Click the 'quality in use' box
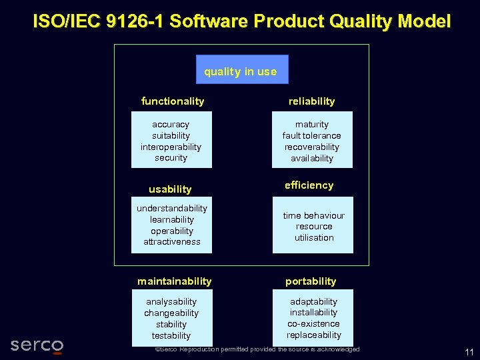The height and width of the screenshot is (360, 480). coord(241,70)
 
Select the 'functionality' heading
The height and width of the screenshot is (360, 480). coord(173,101)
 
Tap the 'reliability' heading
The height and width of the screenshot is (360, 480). coord(311,101)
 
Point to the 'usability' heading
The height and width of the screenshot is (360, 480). coord(170,189)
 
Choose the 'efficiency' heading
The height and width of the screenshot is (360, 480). coord(309,185)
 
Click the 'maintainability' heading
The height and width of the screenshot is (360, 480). coord(174,281)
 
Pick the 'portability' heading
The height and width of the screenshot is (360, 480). coord(311,281)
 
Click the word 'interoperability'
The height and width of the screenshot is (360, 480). coord(171,147)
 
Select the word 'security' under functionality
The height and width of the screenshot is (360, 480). coord(171,158)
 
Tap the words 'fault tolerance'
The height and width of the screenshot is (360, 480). coord(311,136)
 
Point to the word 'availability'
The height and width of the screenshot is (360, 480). coord(311,159)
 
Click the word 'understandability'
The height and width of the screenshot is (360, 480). coord(172,209)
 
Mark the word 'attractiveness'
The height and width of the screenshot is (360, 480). coord(172,242)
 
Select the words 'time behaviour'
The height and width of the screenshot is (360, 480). coord(313,215)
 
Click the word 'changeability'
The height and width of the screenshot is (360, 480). coord(171,313)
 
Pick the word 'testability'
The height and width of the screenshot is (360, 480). coord(171,336)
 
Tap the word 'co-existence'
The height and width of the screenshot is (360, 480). coord(313,324)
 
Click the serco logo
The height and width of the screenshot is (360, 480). coord(37,345)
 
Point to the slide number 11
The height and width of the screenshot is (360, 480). coord(469,352)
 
